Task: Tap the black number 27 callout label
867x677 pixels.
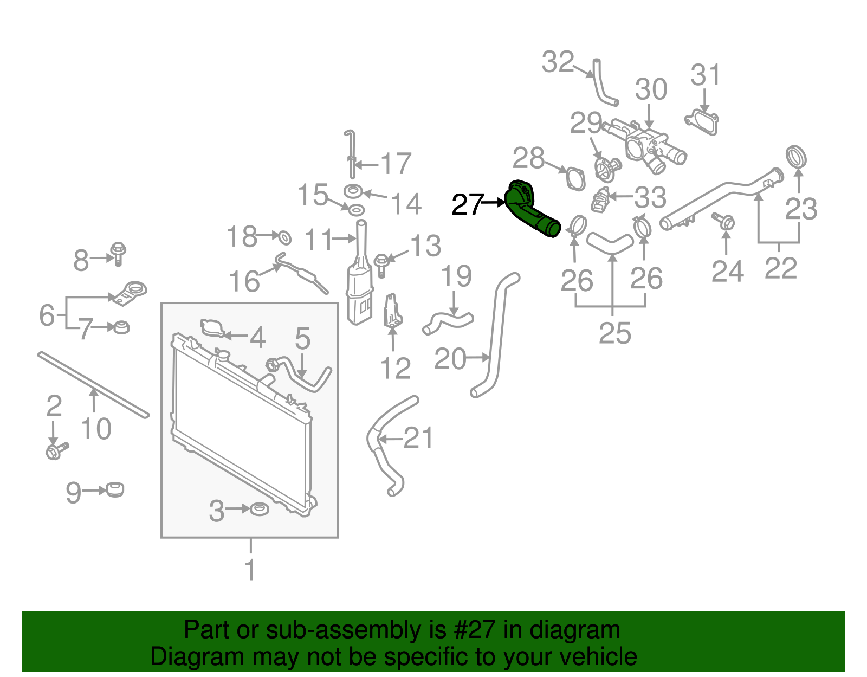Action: tap(467, 205)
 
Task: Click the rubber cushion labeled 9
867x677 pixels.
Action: tap(115, 489)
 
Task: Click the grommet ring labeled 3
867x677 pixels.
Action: tap(260, 509)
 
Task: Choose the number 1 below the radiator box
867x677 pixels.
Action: tap(250, 569)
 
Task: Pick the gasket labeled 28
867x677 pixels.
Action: tap(575, 178)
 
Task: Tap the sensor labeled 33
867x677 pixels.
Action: tap(600, 200)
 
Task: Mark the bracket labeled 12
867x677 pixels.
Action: tap(392, 312)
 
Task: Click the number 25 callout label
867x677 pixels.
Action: tap(614, 333)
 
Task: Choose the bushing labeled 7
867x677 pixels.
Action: tap(122, 327)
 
